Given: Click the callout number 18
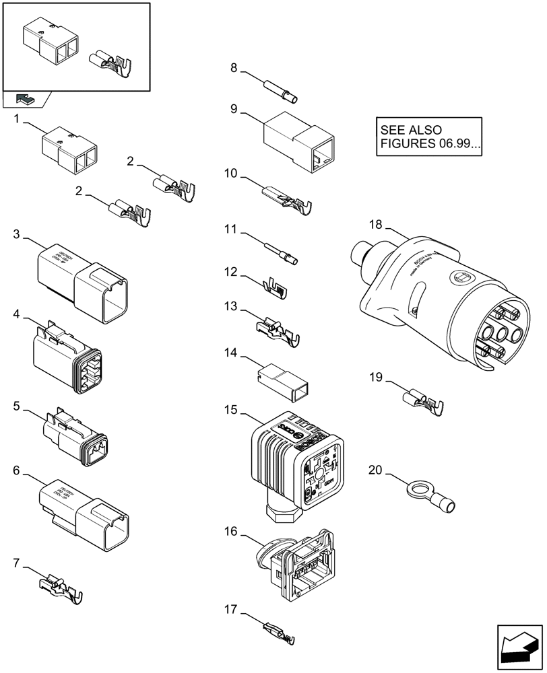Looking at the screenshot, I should [376, 224].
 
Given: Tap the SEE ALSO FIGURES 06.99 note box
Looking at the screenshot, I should [430, 137].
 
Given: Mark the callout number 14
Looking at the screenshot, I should [231, 352].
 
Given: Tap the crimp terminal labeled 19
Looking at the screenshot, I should [423, 402].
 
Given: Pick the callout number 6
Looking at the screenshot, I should [17, 471].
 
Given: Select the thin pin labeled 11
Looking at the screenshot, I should [278, 252].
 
